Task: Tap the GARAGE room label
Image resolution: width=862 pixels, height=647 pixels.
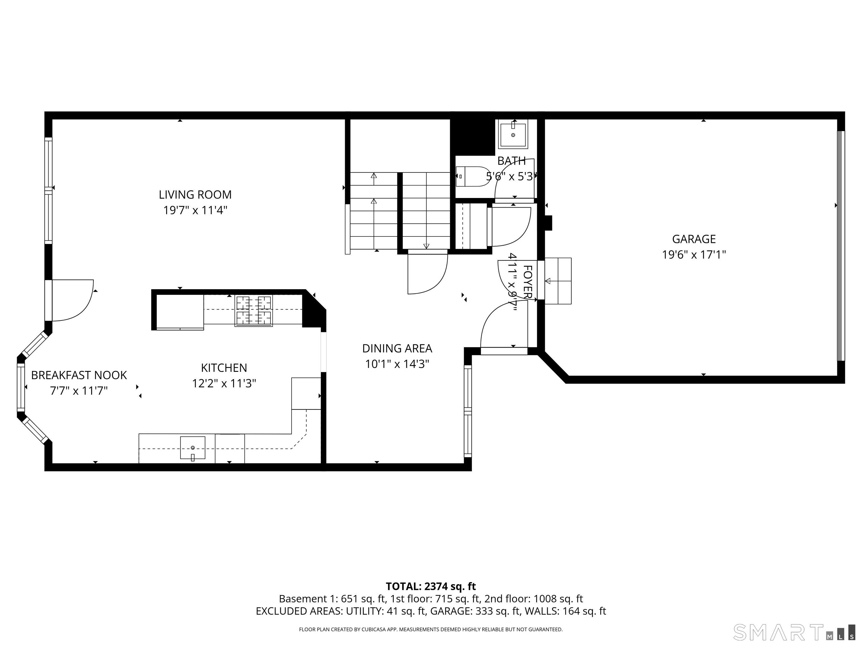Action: point(694,239)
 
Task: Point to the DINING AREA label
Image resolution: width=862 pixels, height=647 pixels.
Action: point(397,348)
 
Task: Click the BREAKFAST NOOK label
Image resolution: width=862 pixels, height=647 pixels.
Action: point(79,375)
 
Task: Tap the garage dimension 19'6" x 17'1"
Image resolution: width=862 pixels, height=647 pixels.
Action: point(694,255)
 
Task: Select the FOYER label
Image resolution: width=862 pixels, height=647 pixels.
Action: point(527,282)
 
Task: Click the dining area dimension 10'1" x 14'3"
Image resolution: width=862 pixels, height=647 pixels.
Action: point(397,364)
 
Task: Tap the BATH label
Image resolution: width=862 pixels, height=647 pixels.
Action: point(511,161)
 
